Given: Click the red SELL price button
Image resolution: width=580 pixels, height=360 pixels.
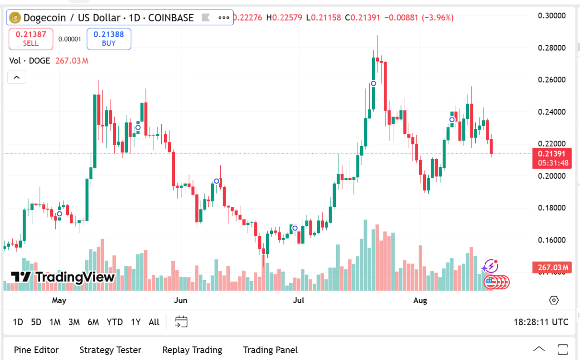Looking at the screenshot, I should (31, 39).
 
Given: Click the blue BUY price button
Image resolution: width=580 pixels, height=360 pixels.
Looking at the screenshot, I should (109, 39).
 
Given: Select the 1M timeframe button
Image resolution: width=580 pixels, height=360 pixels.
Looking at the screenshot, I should (55, 322).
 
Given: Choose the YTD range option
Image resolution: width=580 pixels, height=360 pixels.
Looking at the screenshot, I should (115, 322).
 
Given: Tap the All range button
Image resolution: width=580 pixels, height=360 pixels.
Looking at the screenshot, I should (154, 322).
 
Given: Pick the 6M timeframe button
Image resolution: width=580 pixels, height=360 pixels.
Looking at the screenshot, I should (93, 322).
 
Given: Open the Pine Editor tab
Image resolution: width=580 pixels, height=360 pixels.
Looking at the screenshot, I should (36, 350).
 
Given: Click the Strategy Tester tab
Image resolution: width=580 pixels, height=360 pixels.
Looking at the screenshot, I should (110, 350).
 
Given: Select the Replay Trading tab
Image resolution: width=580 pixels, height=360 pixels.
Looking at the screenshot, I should (192, 350).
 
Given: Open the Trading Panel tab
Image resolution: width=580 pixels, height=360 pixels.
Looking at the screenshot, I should (271, 350).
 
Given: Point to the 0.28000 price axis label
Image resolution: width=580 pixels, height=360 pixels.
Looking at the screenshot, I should (551, 48).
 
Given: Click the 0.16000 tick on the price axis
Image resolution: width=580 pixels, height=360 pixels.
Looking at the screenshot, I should (551, 240).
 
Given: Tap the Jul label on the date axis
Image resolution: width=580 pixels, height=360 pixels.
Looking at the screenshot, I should (299, 300).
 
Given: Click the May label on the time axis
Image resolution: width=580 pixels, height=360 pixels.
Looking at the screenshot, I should (59, 300).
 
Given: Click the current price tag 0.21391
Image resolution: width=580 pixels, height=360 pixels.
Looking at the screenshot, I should (552, 154).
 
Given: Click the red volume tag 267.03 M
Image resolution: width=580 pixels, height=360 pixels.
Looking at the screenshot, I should (552, 268).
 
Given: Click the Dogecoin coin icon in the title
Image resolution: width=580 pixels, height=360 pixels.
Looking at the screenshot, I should (15, 18).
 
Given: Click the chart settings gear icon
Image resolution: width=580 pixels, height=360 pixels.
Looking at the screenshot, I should (554, 300).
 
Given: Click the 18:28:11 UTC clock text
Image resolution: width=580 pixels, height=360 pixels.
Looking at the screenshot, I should (541, 322).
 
